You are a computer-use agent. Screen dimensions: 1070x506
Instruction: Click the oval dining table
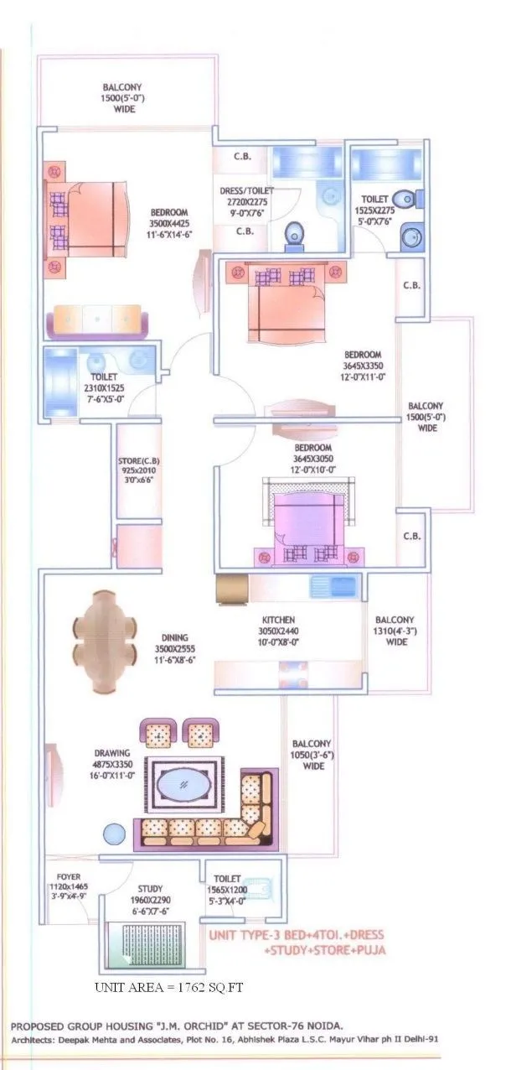click(105, 630)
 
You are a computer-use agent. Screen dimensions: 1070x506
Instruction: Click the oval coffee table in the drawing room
click(184, 787)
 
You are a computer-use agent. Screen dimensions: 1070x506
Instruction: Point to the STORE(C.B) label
click(137, 460)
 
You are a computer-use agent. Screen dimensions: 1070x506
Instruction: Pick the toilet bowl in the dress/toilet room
click(295, 236)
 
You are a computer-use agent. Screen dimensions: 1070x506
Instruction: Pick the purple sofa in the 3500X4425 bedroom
click(96, 321)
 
